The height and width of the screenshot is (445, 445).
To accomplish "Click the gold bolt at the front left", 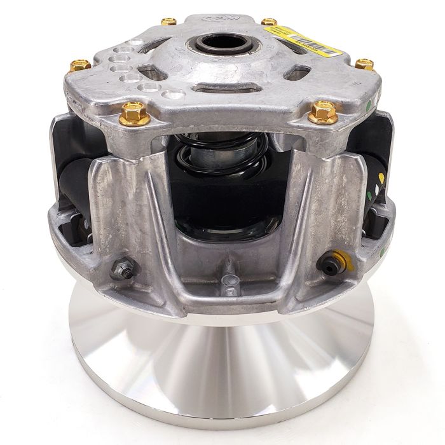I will (134, 113).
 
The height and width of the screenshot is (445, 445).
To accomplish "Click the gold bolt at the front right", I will (322, 113).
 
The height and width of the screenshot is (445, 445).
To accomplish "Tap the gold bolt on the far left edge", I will (79, 65).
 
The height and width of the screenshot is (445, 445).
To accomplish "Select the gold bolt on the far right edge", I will (364, 64).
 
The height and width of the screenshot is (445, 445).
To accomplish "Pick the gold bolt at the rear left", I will (168, 22).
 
